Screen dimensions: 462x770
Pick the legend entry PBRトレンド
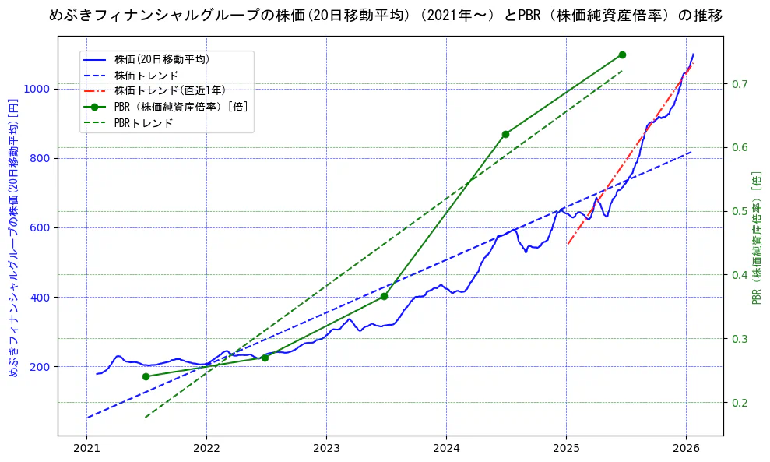(x=143, y=123)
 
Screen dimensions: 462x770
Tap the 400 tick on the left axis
(x=40, y=298)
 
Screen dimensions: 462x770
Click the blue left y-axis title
(x=13, y=238)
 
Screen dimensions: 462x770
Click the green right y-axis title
(x=757, y=238)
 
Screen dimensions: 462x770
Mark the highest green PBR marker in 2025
(x=622, y=55)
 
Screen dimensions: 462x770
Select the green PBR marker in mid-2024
(x=505, y=134)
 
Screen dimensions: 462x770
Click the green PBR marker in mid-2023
(x=384, y=296)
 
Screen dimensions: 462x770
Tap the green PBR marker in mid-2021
(x=146, y=376)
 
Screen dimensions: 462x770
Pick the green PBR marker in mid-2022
(x=265, y=358)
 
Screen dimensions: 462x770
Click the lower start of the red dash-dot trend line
(x=568, y=245)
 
